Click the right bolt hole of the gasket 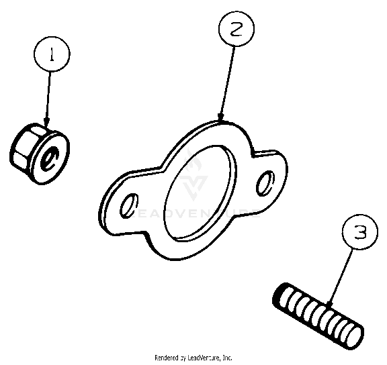click(x=265, y=181)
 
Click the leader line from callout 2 click(x=228, y=81)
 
